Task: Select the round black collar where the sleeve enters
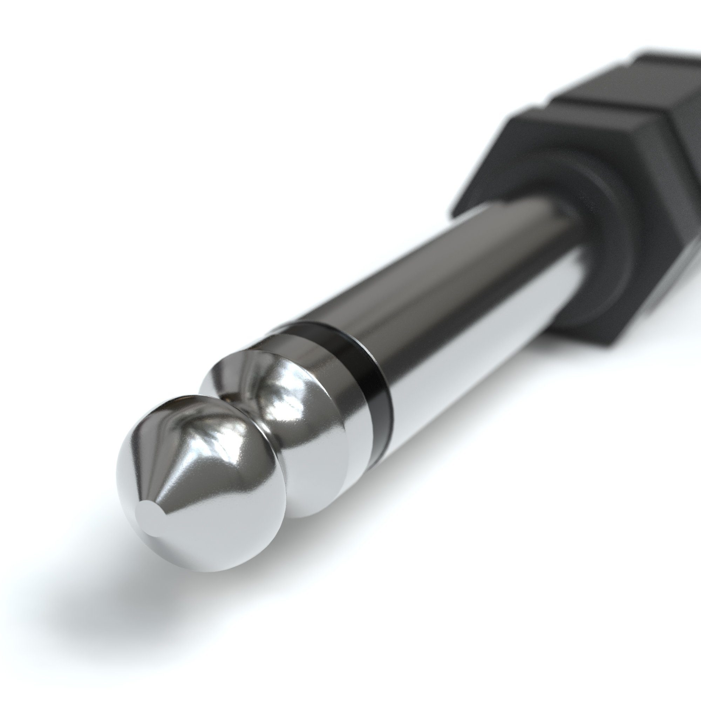coord(613,232)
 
